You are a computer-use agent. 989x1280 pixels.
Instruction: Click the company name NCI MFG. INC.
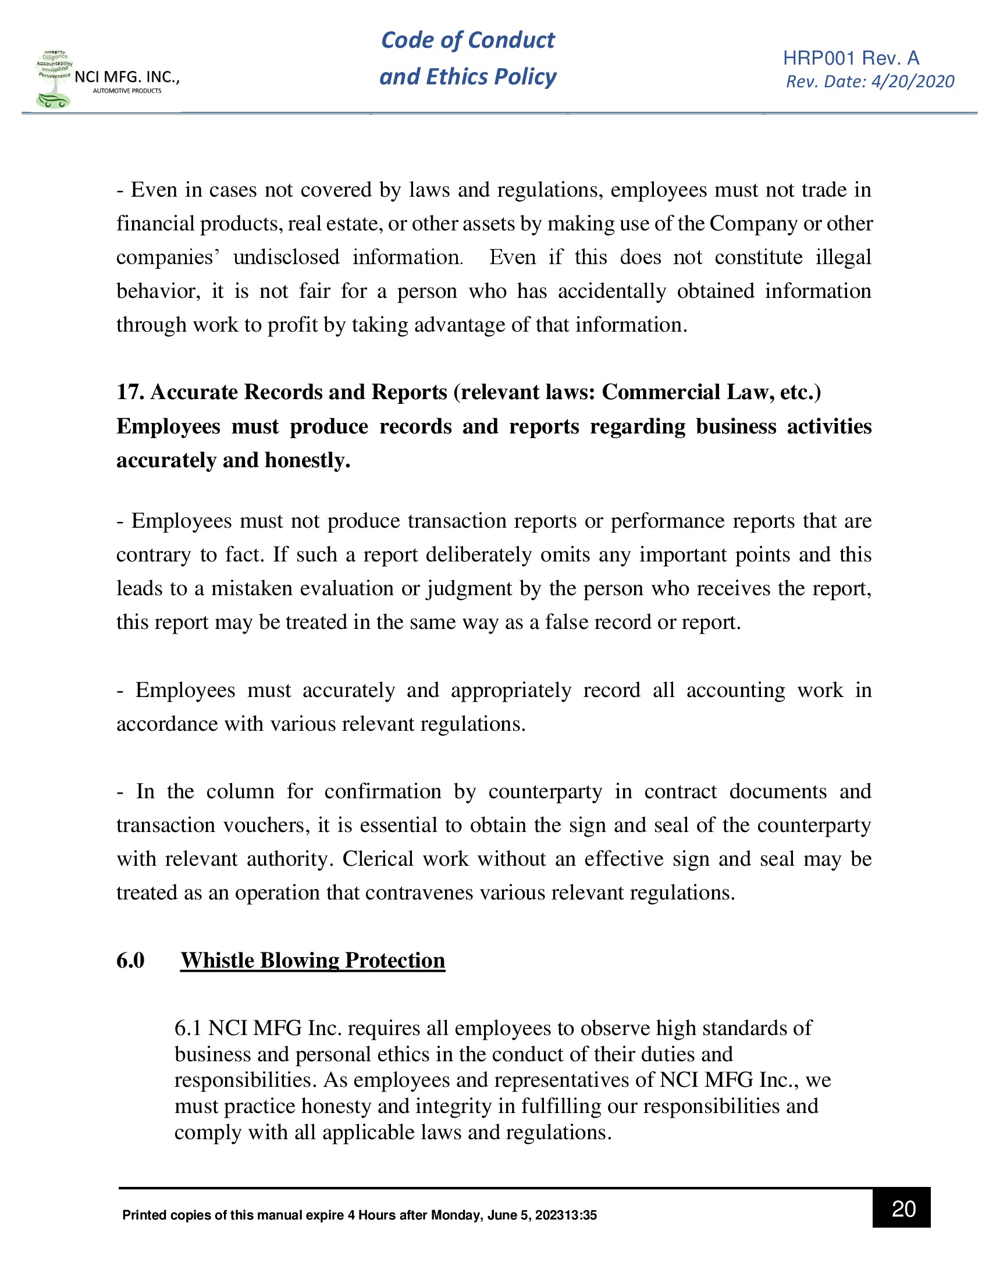tap(127, 77)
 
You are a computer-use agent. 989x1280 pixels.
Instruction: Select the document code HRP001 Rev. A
tap(851, 58)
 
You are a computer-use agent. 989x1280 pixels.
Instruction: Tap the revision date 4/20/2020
tap(912, 81)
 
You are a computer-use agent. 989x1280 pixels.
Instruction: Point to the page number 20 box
tap(902, 1208)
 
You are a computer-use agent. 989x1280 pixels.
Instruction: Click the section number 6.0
tap(130, 960)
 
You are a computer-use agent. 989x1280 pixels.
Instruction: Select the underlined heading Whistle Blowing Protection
tap(312, 960)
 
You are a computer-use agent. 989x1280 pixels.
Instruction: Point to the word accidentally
tap(611, 291)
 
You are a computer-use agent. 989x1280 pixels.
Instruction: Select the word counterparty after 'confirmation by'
tap(545, 791)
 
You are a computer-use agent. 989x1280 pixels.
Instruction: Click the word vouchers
tap(266, 825)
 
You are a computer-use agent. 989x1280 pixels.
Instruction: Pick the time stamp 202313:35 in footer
tap(565, 1215)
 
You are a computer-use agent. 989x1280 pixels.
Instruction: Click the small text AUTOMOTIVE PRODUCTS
tap(127, 91)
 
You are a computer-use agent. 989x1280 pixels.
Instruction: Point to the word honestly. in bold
tap(308, 460)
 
